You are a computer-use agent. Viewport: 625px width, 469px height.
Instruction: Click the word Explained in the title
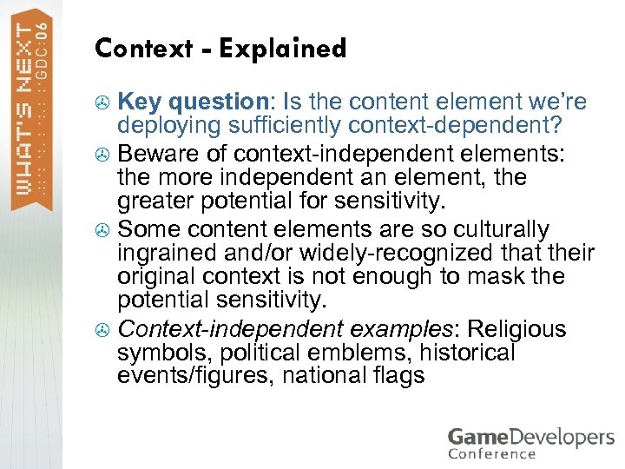point(282,49)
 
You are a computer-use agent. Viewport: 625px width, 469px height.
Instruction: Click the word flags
point(399,376)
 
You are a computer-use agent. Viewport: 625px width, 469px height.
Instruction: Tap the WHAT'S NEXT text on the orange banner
point(28,113)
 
